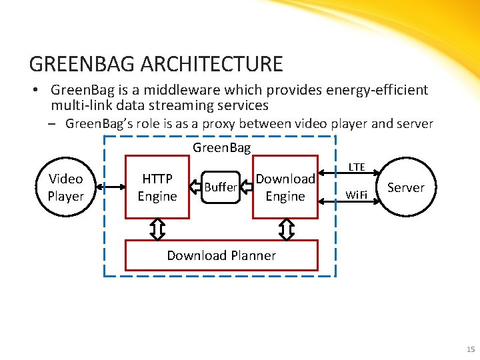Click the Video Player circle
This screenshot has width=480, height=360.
[65, 187]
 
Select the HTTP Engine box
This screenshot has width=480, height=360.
[157, 187]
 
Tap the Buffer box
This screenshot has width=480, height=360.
[220, 187]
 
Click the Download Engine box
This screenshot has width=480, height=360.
[285, 187]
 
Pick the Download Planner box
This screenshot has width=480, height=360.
[221, 255]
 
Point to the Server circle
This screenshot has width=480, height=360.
[405, 187]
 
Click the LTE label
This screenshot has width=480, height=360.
[357, 167]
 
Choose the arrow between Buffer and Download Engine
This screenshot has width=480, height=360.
[247, 187]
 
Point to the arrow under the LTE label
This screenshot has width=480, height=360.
[358, 175]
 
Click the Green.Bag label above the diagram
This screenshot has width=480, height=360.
[221, 147]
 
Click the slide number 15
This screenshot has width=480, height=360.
[471, 349]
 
